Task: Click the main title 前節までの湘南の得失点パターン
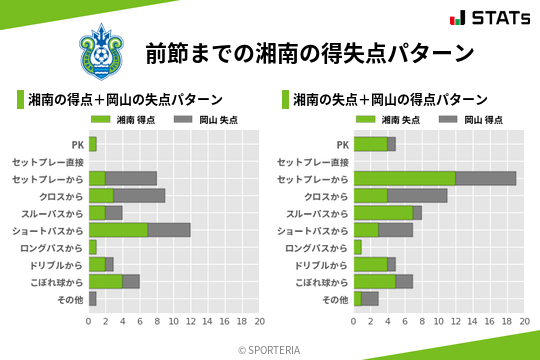[309, 52]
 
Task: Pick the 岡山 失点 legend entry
[196, 120]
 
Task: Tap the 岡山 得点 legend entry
[461, 120]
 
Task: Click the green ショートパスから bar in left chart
[118, 230]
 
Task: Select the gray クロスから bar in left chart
[139, 196]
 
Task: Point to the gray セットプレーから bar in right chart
[486, 178]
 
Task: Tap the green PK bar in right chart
[370, 144]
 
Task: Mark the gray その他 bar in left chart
[92, 299]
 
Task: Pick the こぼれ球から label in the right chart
[322, 282]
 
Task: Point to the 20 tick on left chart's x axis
[259, 322]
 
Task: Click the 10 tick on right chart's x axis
[439, 322]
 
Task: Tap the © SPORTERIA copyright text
[270, 349]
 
